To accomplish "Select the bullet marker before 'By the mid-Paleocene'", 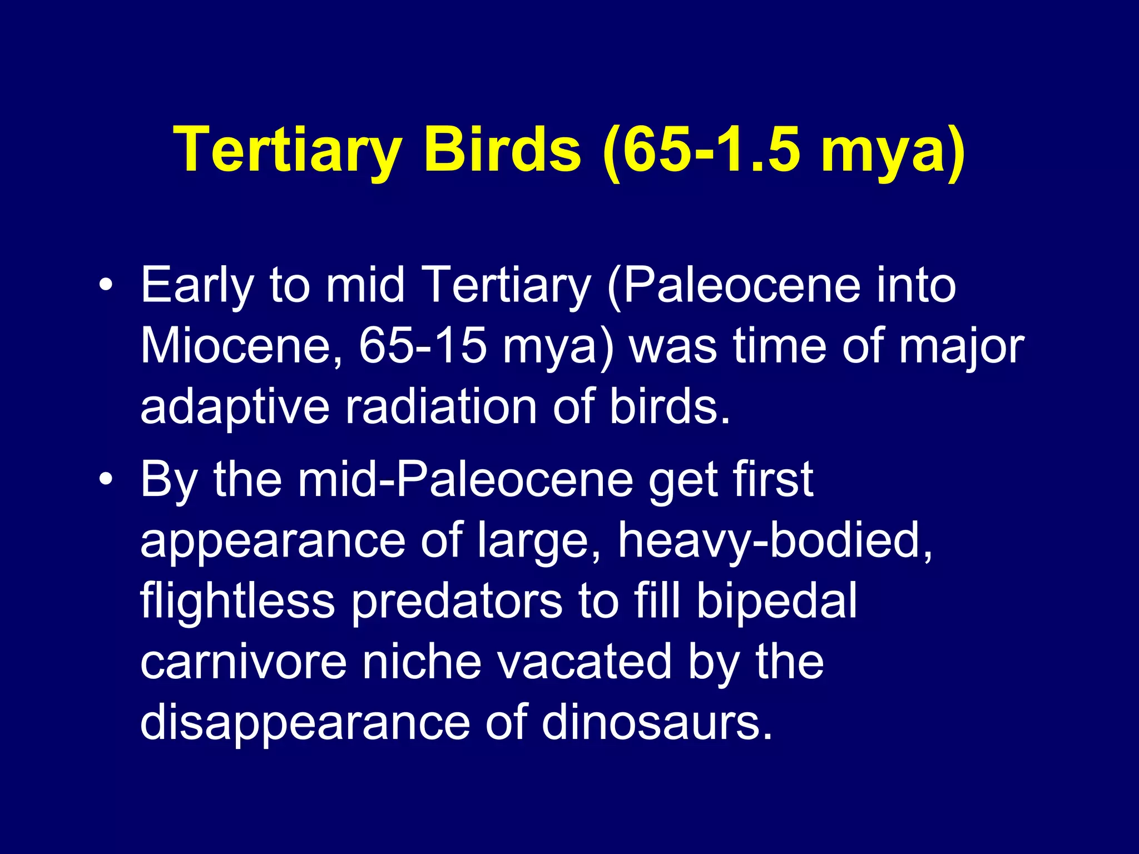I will pos(106,479).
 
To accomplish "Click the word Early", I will pos(197,286).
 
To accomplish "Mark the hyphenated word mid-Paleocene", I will pos(465,479).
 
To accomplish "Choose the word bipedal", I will pos(776,602).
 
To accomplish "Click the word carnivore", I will pos(244,663).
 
